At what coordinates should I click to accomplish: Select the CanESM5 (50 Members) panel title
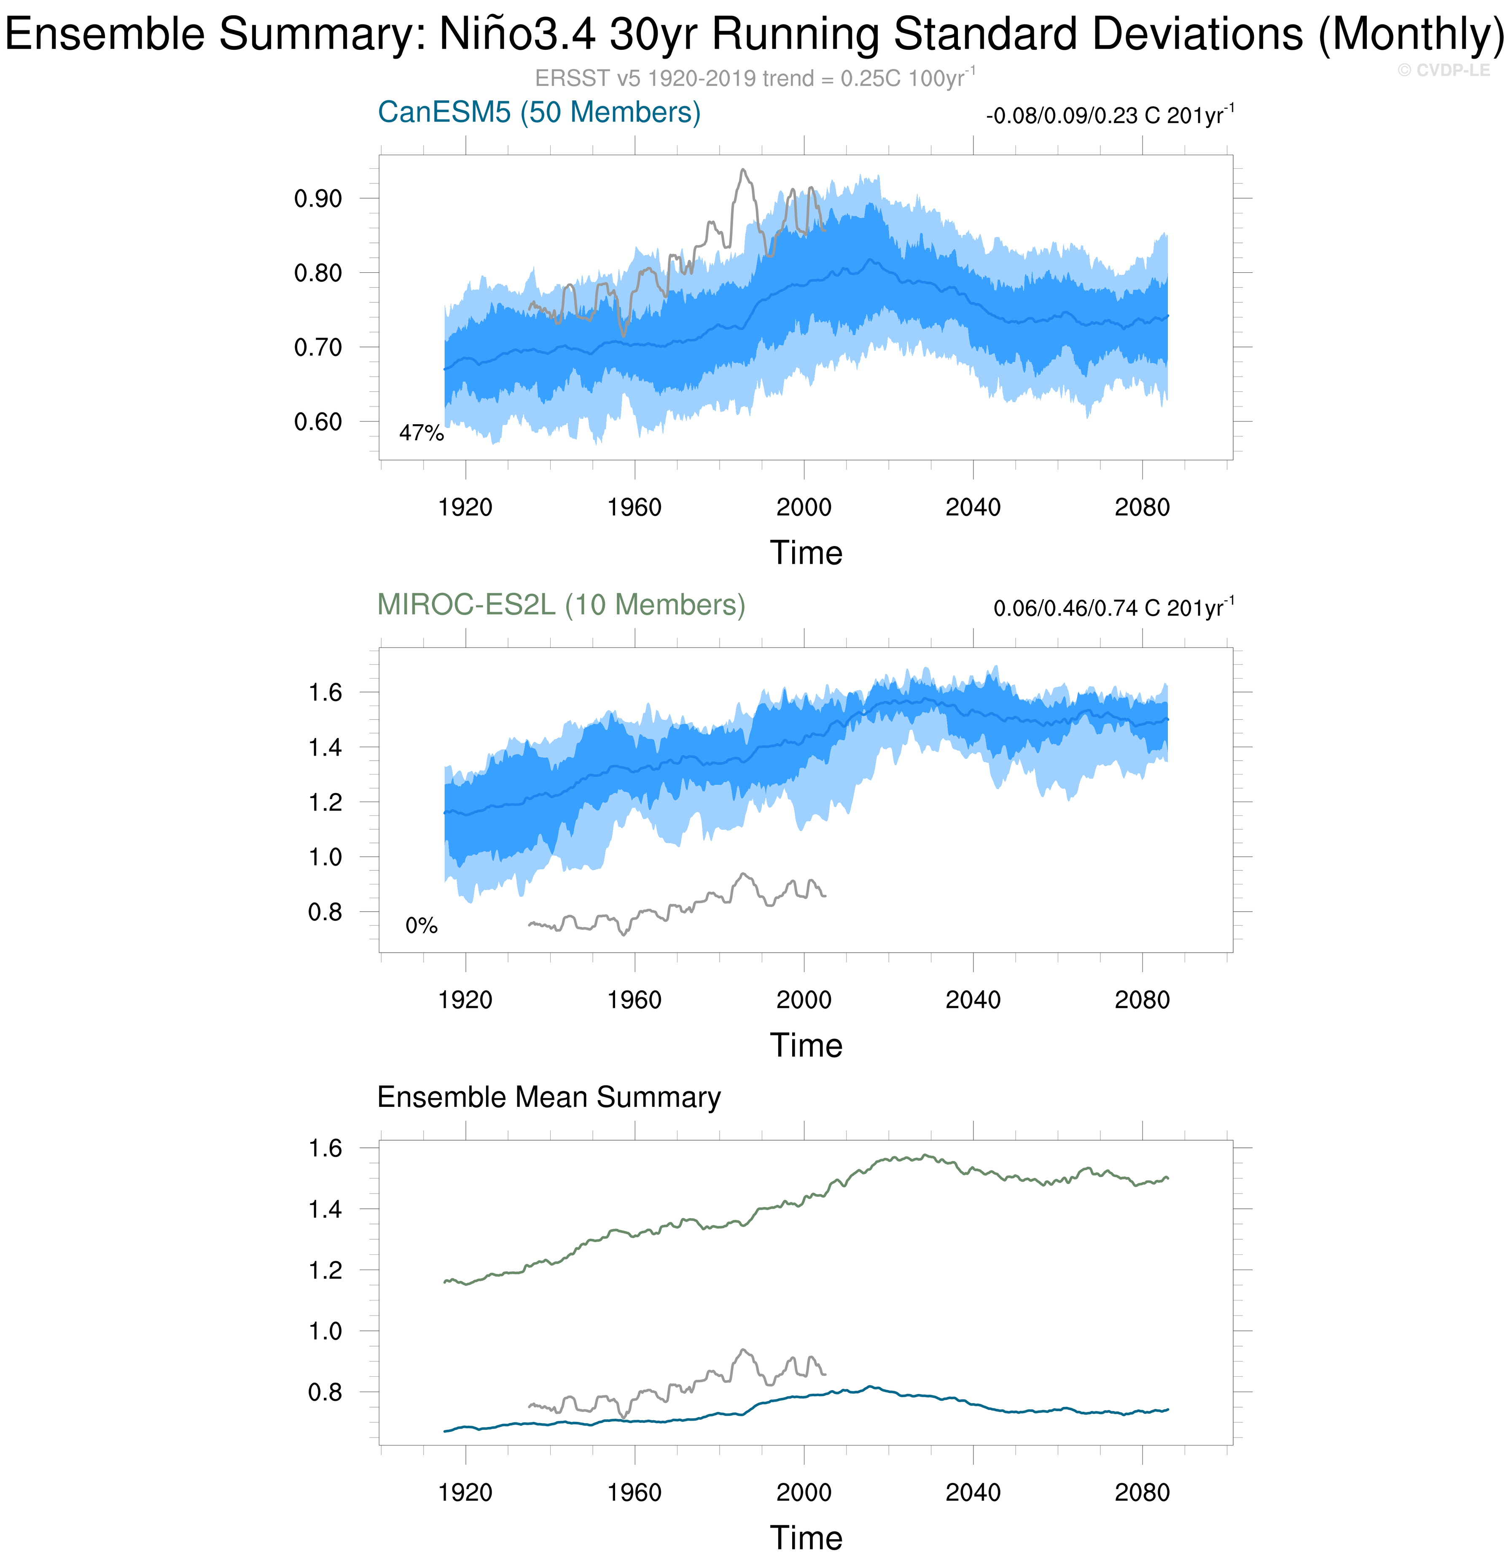(x=538, y=113)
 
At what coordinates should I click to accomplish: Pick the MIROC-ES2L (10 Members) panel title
(x=561, y=605)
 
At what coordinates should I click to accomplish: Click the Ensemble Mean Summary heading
(x=549, y=1097)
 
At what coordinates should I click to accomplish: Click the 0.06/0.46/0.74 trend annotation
(x=1113, y=608)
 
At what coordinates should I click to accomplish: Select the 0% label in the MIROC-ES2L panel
(x=421, y=926)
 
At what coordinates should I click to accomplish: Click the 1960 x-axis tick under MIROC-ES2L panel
(x=634, y=1000)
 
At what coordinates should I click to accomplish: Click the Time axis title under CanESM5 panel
(x=806, y=553)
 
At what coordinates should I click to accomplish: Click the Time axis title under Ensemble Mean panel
(x=806, y=1538)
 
